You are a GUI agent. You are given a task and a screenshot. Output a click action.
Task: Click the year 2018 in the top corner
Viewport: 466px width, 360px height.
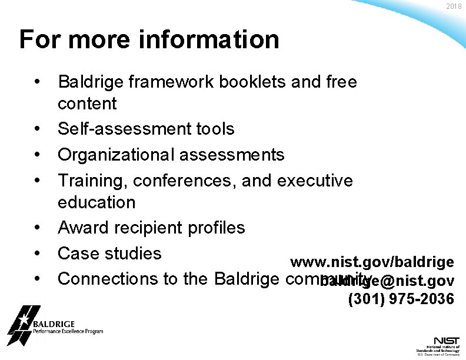[454, 6]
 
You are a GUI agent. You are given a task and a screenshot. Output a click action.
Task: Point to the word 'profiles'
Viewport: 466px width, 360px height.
[213, 227]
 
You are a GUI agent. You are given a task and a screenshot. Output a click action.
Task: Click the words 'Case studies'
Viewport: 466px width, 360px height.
[109, 254]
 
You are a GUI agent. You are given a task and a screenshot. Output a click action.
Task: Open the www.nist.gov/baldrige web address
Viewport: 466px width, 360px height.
[372, 261]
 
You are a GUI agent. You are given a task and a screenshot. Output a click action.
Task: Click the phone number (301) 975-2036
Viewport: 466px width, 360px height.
[401, 299]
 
